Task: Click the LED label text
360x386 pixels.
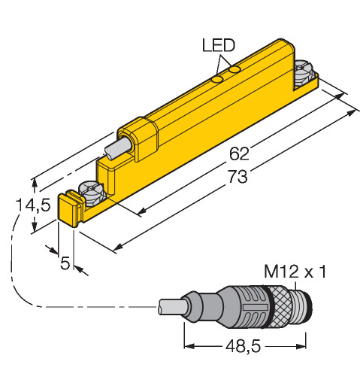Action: [219, 45]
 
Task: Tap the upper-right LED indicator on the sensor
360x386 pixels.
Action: [235, 70]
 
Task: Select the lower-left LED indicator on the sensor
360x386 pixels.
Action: [217, 79]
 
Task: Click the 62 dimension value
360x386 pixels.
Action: [239, 153]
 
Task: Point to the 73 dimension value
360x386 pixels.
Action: [237, 176]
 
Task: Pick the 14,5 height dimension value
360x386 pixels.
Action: [33, 205]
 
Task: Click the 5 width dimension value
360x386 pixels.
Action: [65, 263]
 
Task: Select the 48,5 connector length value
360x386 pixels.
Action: [243, 346]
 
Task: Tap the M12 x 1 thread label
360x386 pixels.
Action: [295, 272]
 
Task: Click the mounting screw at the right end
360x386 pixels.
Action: [304, 73]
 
